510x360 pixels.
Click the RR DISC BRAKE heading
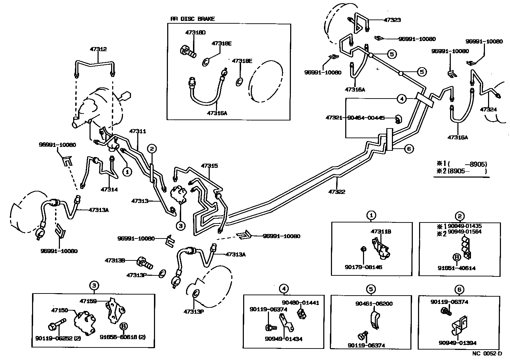192,19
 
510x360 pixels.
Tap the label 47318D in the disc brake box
195,32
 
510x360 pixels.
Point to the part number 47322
337,191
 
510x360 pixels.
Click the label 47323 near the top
392,20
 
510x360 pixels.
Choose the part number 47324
488,109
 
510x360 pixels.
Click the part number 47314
109,189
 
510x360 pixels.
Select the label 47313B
115,260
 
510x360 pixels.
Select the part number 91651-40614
456,268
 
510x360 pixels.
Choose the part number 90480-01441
300,303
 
